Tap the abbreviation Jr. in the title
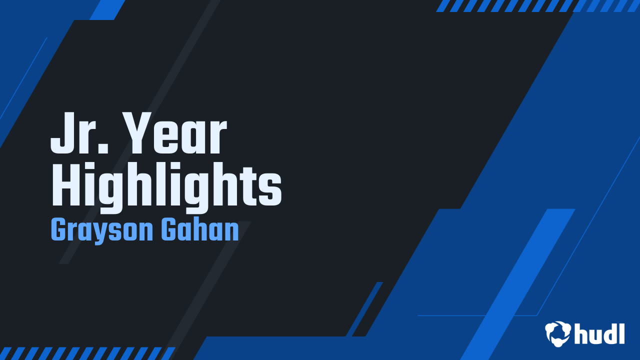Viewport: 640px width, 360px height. pyautogui.click(x=79, y=133)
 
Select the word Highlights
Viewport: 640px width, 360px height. pyautogui.click(x=166, y=187)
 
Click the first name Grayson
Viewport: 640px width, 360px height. pyautogui.click(x=102, y=230)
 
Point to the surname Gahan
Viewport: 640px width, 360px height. pyautogui.click(x=199, y=229)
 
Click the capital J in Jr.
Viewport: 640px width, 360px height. pyautogui.click(x=61, y=133)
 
